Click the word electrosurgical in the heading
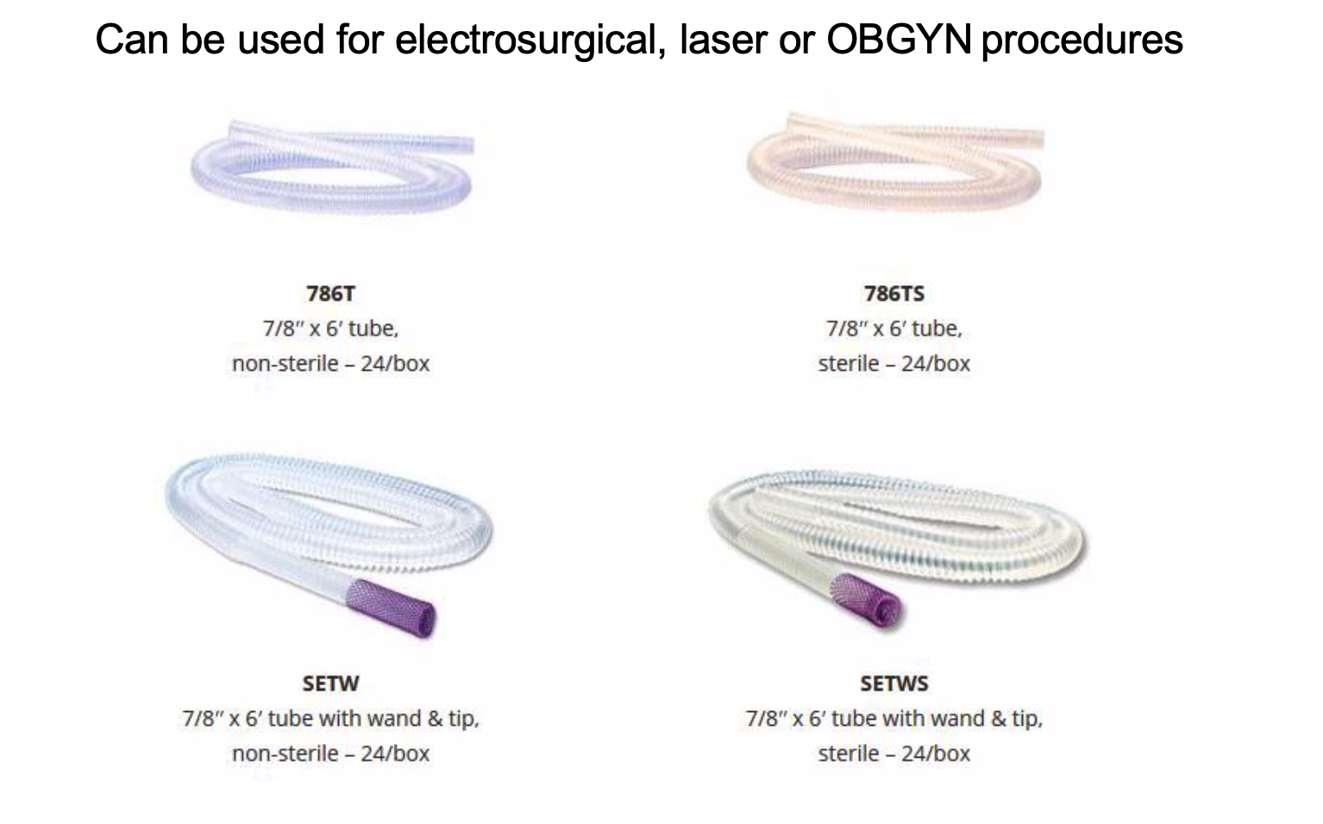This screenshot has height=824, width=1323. pos(530,41)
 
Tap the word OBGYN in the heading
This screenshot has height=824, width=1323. pos(899,40)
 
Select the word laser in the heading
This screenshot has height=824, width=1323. pos(724,40)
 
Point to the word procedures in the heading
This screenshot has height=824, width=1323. pos(1082,41)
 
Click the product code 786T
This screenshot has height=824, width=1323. pos(331,293)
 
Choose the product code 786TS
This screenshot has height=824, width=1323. pos(894,293)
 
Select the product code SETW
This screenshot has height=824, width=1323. pos(331,684)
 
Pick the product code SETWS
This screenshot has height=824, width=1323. pos(894,684)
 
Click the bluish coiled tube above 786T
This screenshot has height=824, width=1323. pos(331,167)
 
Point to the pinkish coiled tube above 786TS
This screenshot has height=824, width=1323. pos(895,162)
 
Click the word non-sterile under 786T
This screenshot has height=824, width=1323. pos(285,364)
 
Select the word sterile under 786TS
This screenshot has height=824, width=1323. pos(849,364)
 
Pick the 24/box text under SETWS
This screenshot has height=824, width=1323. pos(936,754)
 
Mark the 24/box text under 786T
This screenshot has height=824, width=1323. pos(395,364)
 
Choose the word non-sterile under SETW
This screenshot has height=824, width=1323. pos(285,754)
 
